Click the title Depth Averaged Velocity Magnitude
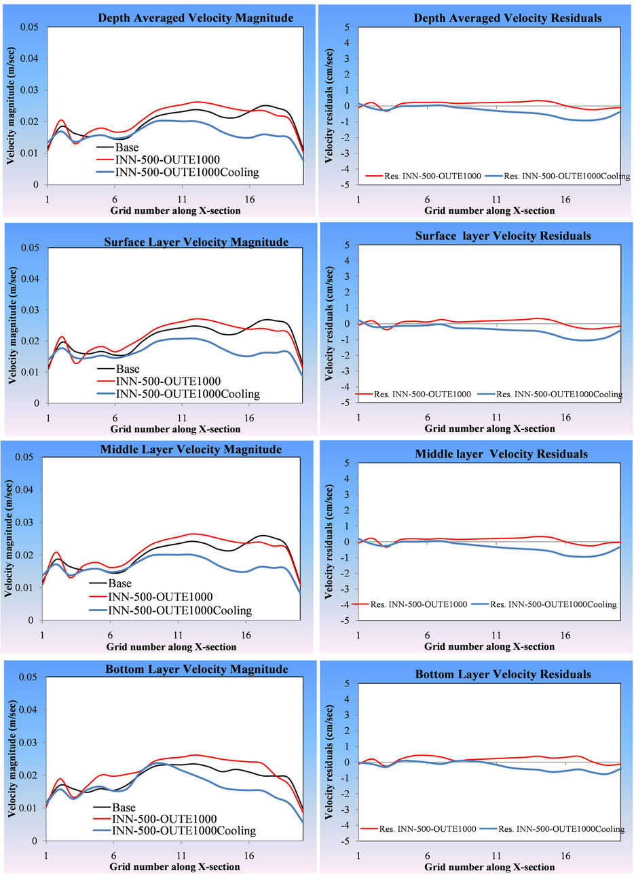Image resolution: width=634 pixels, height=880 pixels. point(195,18)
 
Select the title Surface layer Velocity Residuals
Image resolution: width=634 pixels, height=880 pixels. point(503,236)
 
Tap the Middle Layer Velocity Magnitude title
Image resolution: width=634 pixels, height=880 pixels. point(191,450)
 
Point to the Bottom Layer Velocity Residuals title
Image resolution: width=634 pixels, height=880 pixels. point(503,674)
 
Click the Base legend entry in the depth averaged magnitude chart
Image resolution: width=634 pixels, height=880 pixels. point(127,147)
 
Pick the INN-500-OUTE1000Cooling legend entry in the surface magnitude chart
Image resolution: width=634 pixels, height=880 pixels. point(187,394)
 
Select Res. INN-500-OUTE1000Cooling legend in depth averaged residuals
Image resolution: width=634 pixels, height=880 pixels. point(567,177)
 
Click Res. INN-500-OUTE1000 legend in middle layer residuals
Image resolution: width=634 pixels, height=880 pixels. point(418,604)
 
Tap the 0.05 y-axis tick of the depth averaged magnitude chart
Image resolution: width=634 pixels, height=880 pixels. point(29,27)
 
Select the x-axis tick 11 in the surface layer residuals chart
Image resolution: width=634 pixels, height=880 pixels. point(496,418)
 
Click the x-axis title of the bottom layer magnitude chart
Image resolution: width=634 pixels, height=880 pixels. point(174,867)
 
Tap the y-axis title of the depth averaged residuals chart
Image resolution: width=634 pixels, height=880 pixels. point(329,105)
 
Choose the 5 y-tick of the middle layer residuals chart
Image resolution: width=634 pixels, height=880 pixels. point(347,463)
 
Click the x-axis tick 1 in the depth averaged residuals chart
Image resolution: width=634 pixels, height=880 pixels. point(359,200)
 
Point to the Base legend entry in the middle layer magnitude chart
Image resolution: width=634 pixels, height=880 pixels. point(120,583)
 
